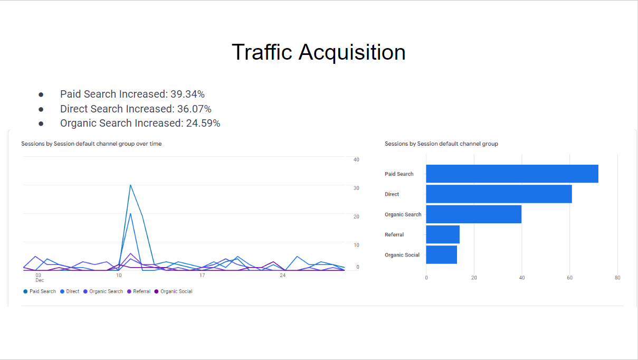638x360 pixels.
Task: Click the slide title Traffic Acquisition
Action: tap(318, 52)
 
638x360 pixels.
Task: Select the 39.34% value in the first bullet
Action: tap(187, 94)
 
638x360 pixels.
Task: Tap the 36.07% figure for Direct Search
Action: tap(194, 109)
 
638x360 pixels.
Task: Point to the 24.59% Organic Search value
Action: tap(203, 124)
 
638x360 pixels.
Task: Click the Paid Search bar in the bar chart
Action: tap(512, 174)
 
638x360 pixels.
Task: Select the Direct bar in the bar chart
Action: tap(499, 194)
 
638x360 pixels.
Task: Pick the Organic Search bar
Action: tap(474, 214)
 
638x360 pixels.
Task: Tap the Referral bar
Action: tap(443, 234)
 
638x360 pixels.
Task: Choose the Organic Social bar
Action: tap(442, 254)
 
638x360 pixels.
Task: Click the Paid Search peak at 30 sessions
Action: tap(130, 185)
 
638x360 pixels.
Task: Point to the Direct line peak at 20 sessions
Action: tap(130, 214)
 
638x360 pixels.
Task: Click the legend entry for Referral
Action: tap(139, 291)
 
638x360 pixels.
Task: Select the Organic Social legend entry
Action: tap(174, 291)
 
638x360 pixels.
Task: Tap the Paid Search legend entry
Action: tap(40, 291)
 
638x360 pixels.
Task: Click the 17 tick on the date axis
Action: tap(202, 276)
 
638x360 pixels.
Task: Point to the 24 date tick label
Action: tap(282, 276)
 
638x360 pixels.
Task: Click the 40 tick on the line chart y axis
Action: tap(356, 159)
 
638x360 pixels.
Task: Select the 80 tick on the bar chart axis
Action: tap(617, 278)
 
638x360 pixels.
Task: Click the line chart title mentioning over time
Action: tap(91, 144)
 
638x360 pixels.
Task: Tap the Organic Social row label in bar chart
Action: tap(402, 255)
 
